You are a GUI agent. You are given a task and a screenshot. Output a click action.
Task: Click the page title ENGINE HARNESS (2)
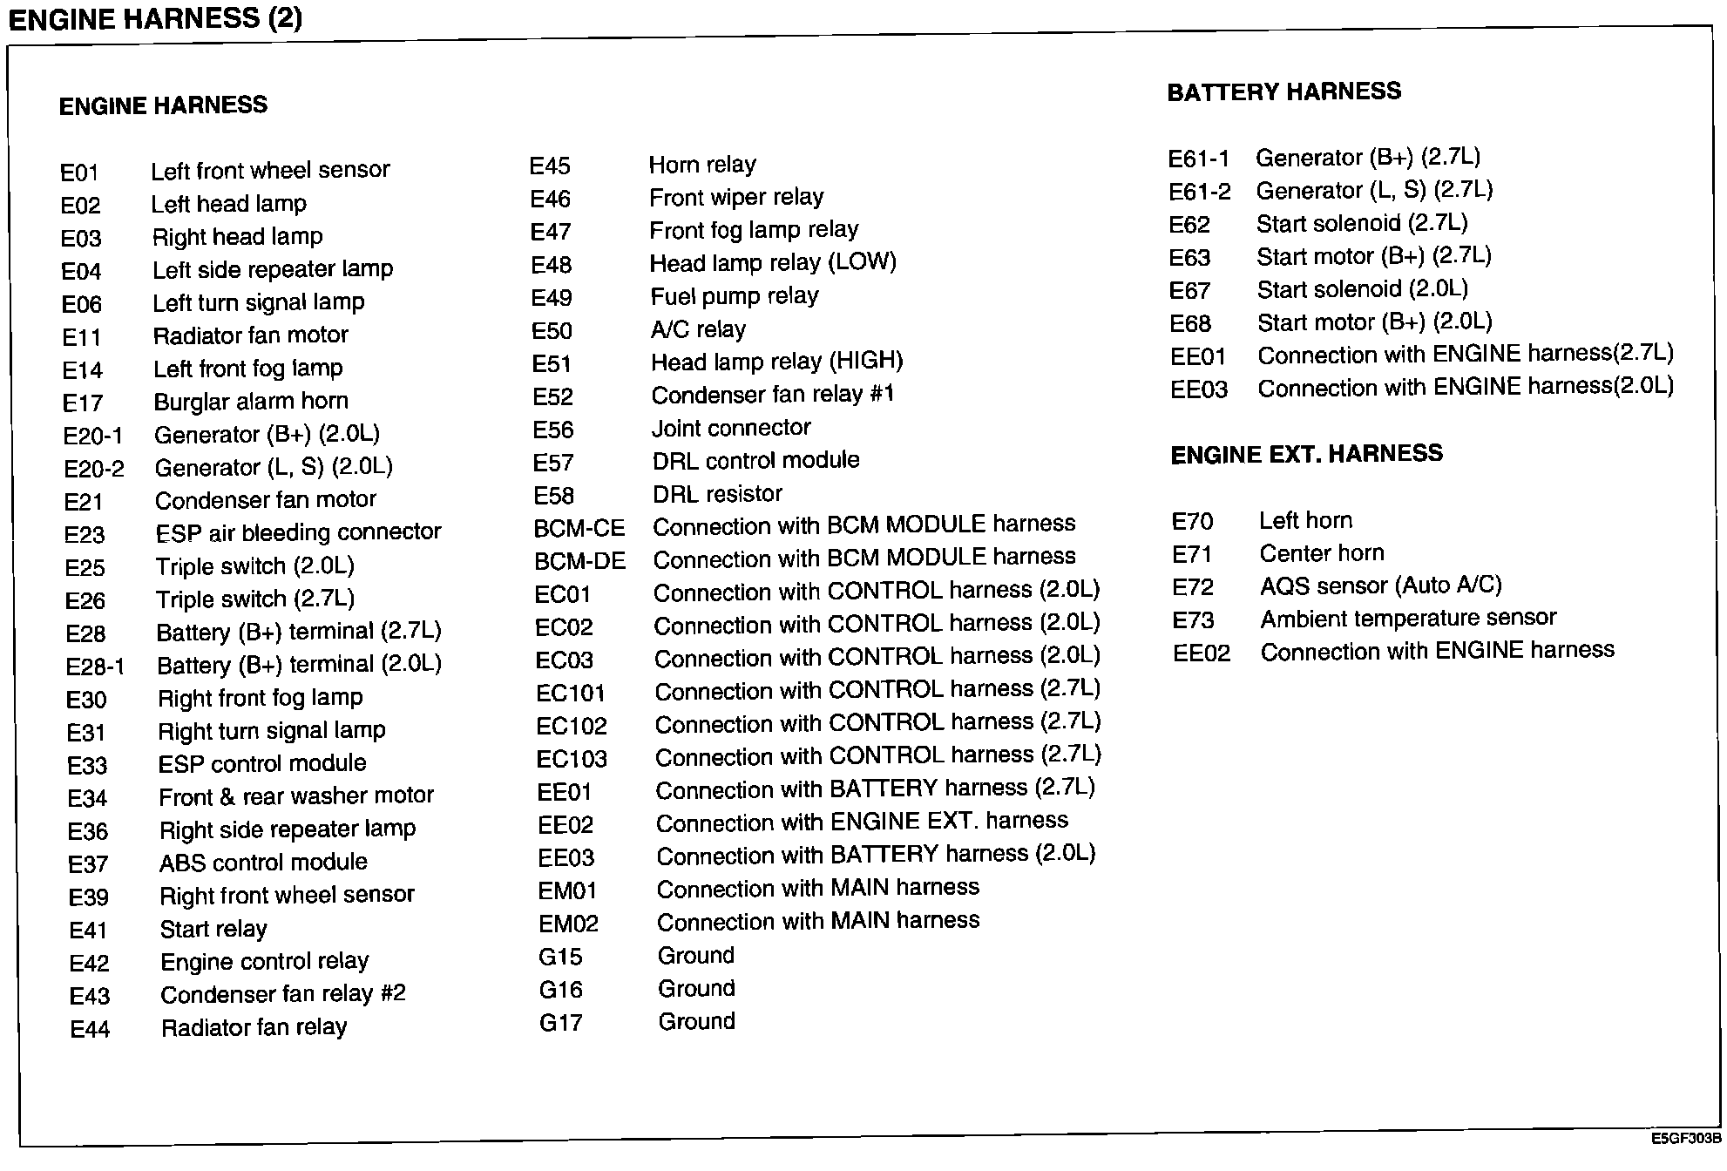155,18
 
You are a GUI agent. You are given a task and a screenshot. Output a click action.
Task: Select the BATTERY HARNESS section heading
1283,91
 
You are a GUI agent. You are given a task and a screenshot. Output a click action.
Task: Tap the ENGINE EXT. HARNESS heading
1306,454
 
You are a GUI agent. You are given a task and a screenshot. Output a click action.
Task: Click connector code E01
79,173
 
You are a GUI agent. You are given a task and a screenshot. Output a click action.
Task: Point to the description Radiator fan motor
250,335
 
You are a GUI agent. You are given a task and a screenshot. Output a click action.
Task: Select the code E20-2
94,470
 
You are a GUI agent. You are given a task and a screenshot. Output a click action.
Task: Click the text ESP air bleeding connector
298,532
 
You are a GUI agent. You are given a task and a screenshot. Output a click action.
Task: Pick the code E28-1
95,667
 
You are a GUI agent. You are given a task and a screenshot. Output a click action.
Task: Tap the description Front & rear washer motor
296,796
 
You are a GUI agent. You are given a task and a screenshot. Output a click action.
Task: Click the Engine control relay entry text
265,962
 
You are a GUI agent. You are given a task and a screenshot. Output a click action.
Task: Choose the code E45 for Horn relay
550,166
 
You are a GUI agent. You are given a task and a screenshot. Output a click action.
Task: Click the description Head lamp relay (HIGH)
776,362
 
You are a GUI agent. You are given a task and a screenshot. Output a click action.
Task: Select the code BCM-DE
579,561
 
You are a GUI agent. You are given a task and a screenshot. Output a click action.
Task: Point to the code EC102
572,727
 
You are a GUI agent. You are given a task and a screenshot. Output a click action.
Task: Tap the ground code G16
560,990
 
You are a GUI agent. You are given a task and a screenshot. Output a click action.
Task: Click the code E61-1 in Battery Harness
1198,159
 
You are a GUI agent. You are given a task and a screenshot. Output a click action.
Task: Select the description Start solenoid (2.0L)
1362,289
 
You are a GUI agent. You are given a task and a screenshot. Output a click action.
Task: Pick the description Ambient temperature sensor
1408,619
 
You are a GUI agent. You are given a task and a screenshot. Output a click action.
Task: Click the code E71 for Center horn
1192,555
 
